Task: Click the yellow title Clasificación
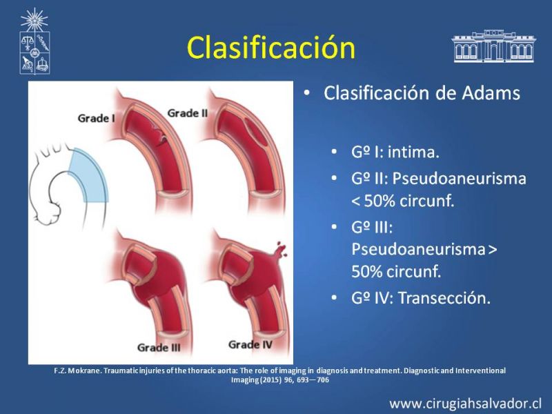[x=270, y=47]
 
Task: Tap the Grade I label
[x=96, y=118]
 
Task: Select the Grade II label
[x=187, y=113]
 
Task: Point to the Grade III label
[x=159, y=348]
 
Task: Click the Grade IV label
[x=250, y=344]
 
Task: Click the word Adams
[x=491, y=93]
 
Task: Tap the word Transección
[x=444, y=298]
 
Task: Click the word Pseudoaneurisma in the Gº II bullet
[x=459, y=178]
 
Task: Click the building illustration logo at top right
[x=493, y=46]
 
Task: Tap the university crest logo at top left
[x=34, y=41]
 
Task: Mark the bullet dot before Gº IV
[x=334, y=298]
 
